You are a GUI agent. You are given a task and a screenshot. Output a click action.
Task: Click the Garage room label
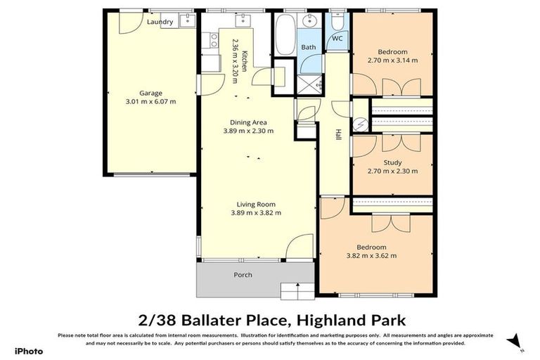tap(150, 93)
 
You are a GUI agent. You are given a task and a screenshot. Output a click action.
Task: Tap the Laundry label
tap(160, 22)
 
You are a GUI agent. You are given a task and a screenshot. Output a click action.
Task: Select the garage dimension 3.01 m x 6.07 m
tap(150, 101)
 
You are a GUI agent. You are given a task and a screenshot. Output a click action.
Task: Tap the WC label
tap(337, 39)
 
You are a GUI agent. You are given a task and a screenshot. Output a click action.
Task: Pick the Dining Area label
tap(248, 122)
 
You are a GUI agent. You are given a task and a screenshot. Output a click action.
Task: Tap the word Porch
tap(243, 275)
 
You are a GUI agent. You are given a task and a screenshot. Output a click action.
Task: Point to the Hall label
tap(338, 133)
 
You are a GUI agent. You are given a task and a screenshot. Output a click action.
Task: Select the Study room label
tap(392, 162)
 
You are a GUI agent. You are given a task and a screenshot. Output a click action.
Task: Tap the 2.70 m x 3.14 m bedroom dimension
tap(392, 60)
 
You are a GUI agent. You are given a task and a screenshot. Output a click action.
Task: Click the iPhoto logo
tap(29, 351)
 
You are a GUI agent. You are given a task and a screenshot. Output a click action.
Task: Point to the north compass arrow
tap(519, 341)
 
